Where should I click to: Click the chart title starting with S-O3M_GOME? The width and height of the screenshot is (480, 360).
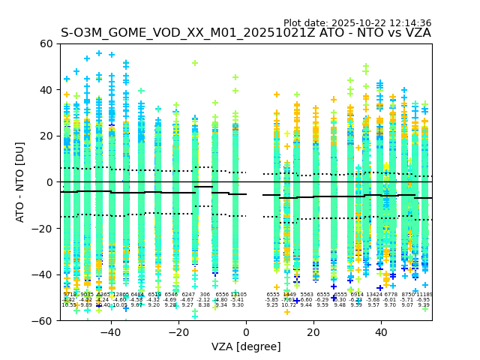[246, 33]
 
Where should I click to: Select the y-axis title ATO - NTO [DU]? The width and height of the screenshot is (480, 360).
[20, 182]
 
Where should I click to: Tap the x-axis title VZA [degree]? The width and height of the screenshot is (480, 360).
[246, 346]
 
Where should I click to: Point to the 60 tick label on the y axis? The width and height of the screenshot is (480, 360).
[46, 43]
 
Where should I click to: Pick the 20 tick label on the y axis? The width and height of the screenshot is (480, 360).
[46, 136]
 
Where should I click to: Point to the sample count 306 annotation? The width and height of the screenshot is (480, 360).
[205, 295]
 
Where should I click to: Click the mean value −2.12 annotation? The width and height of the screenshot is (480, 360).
[204, 300]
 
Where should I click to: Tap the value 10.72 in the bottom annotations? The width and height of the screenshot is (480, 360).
[289, 305]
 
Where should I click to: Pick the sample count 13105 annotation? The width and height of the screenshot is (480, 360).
[238, 295]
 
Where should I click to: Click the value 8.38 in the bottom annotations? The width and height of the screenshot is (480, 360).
[204, 305]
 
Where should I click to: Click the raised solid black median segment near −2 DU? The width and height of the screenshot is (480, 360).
[203, 187]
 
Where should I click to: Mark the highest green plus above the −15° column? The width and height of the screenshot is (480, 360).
[195, 63]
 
